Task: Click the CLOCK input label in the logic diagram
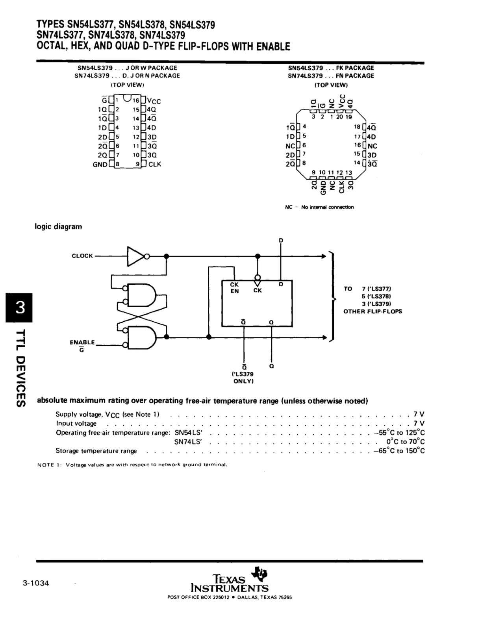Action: click(x=82, y=256)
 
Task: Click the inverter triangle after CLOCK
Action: click(x=135, y=256)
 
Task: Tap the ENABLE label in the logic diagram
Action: click(x=82, y=343)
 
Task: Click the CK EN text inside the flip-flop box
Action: click(x=234, y=287)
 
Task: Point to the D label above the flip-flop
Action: click(x=281, y=241)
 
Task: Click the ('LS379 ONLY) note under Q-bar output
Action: click(x=243, y=378)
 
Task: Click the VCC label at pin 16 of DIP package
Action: click(x=154, y=101)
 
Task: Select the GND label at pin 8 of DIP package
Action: click(x=100, y=165)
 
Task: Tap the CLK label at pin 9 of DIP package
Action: click(x=155, y=165)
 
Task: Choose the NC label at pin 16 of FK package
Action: click(x=373, y=146)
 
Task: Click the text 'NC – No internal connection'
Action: click(x=319, y=207)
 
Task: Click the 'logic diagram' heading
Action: click(x=58, y=226)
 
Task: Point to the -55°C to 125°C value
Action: click(x=399, y=432)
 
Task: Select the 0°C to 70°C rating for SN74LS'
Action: click(x=405, y=441)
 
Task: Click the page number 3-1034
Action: click(x=36, y=583)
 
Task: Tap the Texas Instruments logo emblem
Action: click(x=259, y=574)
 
